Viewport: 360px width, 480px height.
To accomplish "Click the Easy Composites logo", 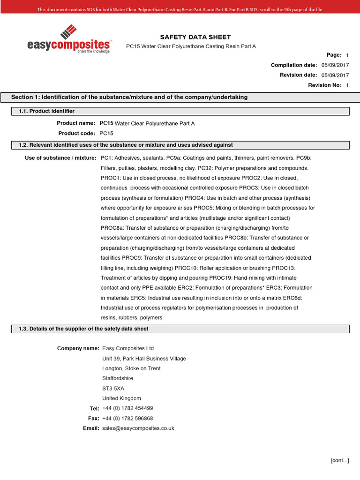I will pos(69,39).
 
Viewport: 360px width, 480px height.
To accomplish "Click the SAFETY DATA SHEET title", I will pos(189,37).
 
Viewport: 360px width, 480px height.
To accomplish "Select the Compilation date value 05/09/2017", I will pos(335,65).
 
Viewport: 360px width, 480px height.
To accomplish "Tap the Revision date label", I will pos(298,75).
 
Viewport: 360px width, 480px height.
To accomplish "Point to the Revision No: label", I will pos(323,85).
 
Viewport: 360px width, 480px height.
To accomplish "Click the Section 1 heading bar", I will pos(180,97).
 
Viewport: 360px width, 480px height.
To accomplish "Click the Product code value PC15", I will pos(106,133).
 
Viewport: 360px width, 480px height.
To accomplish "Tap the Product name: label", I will pos(76,123).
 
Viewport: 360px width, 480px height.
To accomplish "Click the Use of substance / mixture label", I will pos(60,158).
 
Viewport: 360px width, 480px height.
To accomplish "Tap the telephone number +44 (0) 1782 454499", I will pos(127,408).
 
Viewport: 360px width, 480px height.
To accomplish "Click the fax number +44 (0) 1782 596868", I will pos(127,418).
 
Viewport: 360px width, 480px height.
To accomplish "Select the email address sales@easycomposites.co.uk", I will pos(138,428).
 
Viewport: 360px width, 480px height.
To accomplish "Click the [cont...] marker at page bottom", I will pos(339,460).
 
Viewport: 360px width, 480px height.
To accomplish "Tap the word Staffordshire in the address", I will pos(117,378).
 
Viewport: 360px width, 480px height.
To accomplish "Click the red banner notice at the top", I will pos(180,9).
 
